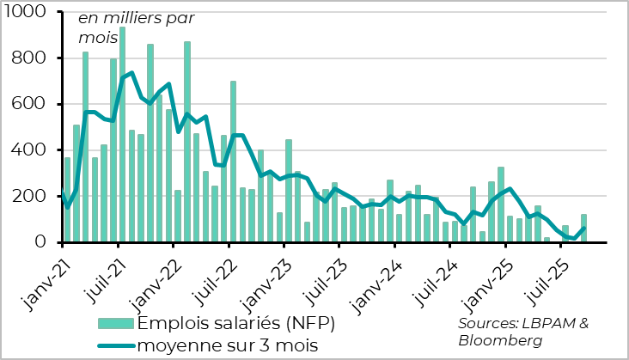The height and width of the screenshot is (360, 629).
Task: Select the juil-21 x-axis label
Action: coord(97,275)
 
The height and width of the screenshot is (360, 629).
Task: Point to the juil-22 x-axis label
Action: coord(208,275)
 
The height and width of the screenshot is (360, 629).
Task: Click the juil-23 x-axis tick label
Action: coord(319,275)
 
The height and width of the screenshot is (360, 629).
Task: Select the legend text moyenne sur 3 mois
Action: coord(228,345)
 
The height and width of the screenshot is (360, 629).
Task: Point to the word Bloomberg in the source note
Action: coord(501,340)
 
